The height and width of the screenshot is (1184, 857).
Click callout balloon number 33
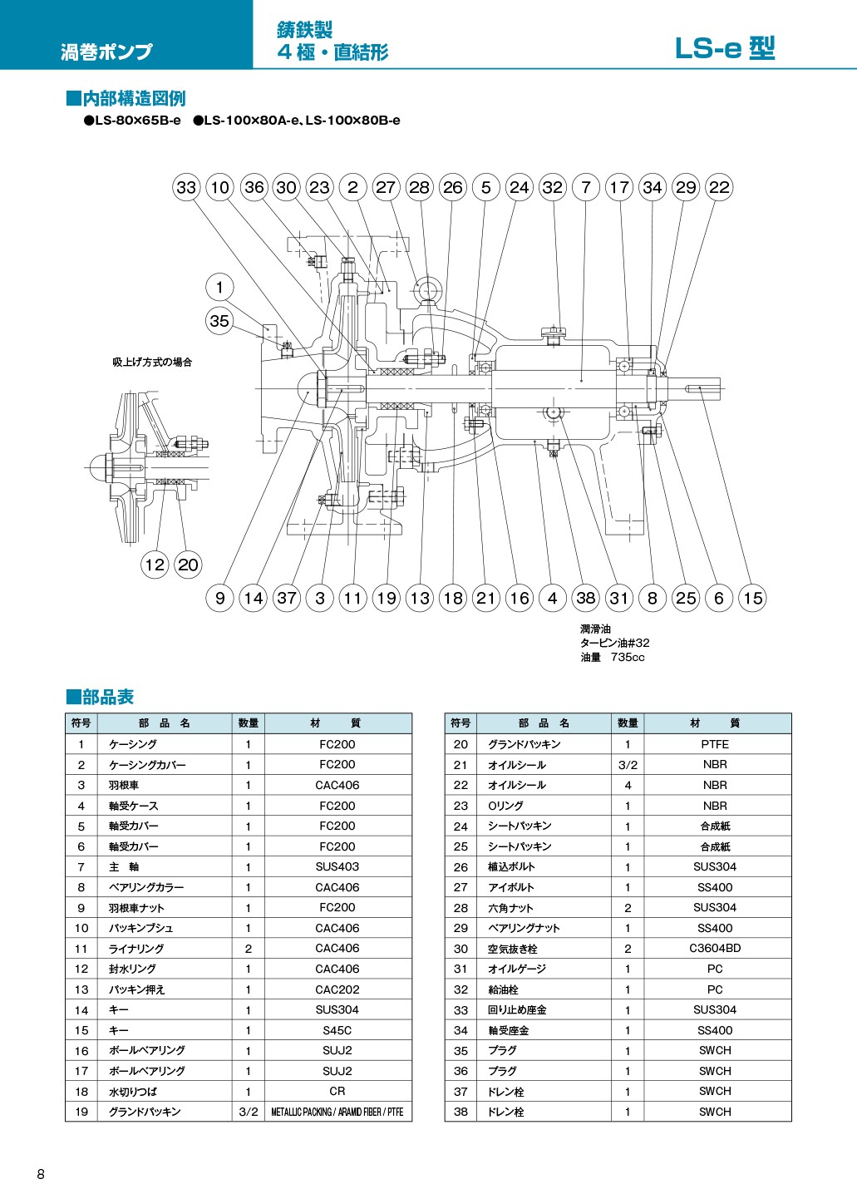[186, 187]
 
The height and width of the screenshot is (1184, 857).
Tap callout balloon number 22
[719, 187]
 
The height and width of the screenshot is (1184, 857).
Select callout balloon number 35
[219, 321]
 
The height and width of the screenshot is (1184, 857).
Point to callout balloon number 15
[752, 598]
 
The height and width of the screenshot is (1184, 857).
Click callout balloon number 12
[155, 565]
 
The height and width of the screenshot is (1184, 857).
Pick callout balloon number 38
[586, 598]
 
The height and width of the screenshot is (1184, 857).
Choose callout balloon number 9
[219, 598]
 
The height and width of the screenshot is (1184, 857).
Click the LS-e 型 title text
[724, 49]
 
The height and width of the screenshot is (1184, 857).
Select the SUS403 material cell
[337, 866]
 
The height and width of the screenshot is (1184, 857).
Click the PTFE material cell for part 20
[714, 744]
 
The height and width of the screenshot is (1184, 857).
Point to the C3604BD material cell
[714, 948]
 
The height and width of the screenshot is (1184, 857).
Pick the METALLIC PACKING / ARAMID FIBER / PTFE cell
[337, 1112]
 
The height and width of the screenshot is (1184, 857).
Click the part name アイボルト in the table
[511, 887]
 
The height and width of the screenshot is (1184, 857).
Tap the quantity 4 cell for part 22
[628, 785]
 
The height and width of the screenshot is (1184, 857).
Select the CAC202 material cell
[337, 989]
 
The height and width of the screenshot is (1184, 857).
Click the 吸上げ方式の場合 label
[152, 363]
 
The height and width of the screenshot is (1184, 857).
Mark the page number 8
[41, 1174]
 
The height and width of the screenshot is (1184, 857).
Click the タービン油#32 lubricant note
[615, 643]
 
